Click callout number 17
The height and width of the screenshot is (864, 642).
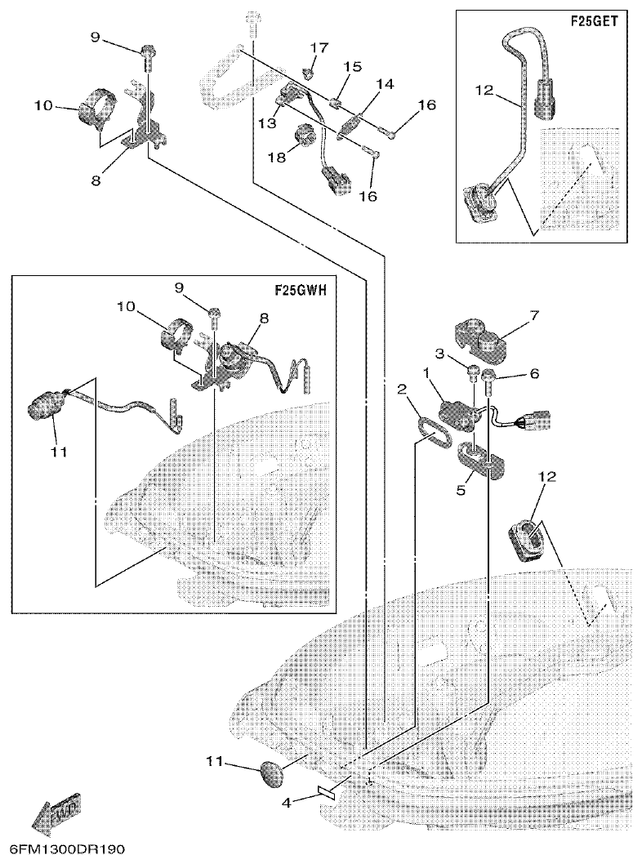[x=319, y=47]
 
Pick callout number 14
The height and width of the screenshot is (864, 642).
[x=384, y=84]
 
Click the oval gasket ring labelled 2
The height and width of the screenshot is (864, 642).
[x=430, y=430]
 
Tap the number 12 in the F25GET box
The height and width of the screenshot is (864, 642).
[x=484, y=90]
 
